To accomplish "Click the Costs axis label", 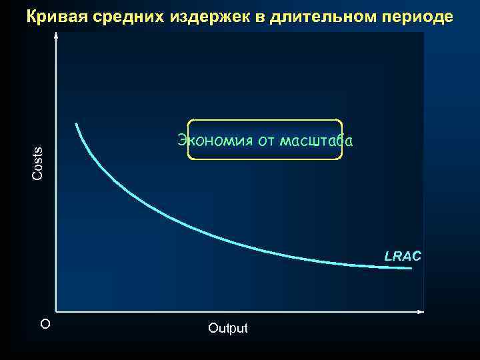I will [x=38, y=163].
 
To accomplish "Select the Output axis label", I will [x=227, y=328].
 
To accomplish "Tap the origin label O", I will [x=45, y=324].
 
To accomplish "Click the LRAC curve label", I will [x=403, y=255].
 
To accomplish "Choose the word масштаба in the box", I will [x=317, y=140].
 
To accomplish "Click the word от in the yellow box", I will [x=265, y=141].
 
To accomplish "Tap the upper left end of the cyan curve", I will [x=76, y=124].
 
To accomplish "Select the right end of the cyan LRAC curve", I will [x=411, y=268].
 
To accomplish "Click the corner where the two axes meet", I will [x=57, y=311].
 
